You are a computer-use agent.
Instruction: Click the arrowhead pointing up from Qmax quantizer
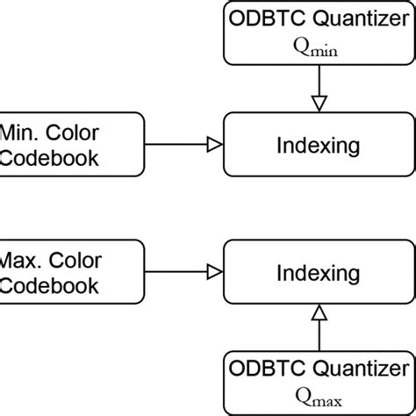tap(319, 312)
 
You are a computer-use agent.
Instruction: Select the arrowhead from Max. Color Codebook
tap(213, 273)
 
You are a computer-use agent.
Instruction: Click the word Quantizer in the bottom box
tap(360, 367)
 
